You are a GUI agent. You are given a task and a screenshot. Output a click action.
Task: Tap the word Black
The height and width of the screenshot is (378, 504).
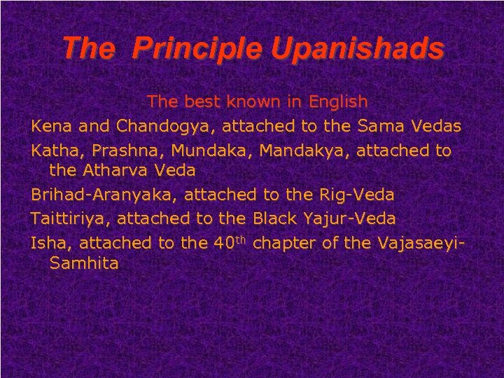[274, 219]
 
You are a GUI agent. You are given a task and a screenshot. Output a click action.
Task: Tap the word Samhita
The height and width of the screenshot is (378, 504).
[84, 263]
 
